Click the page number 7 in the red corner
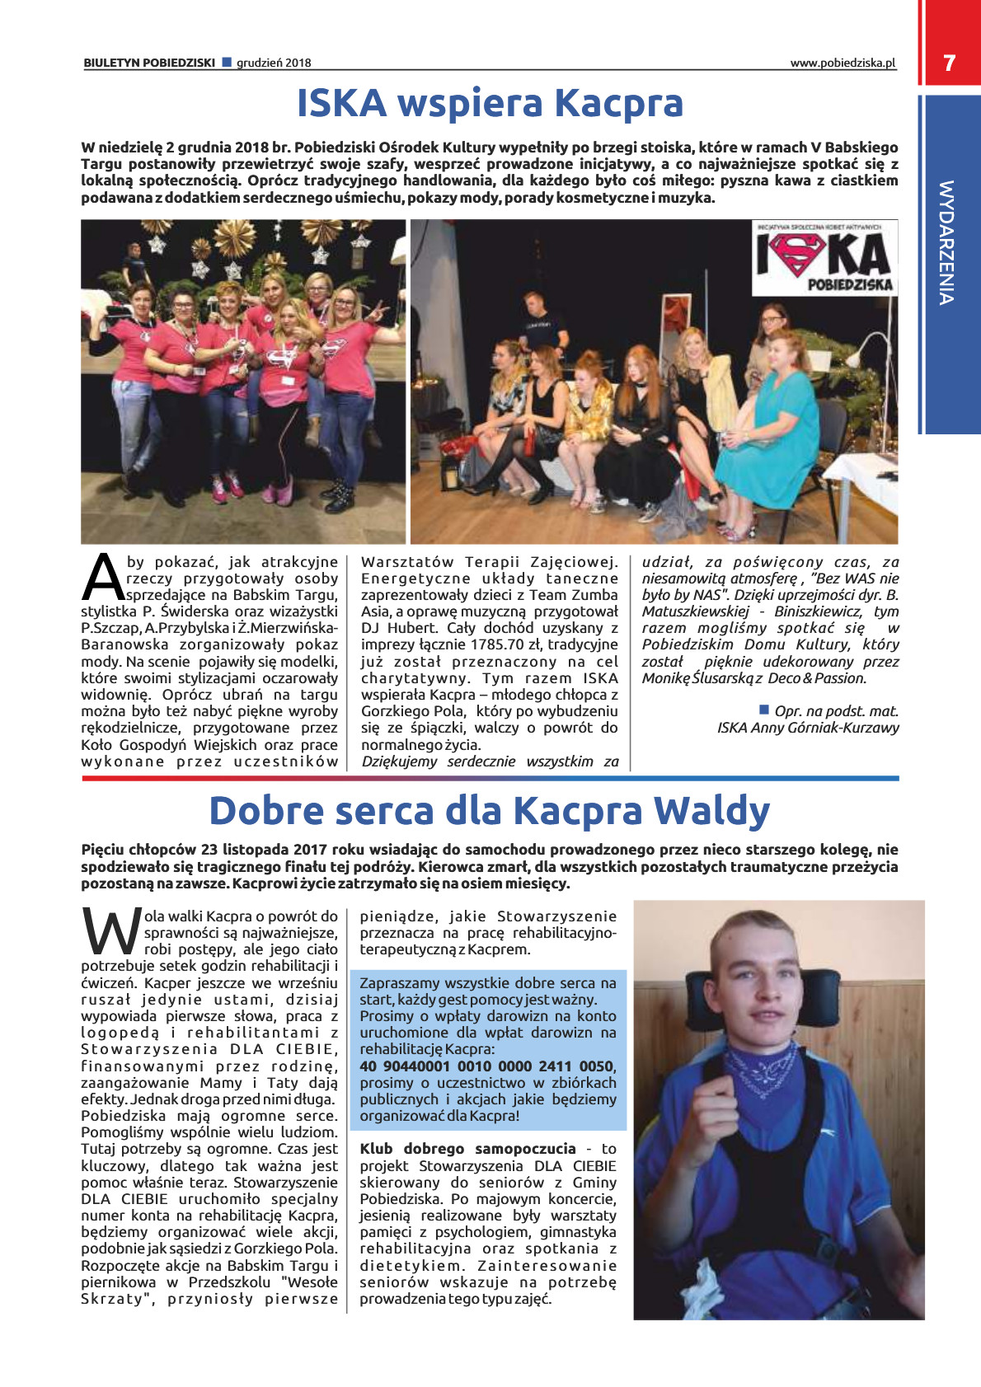[x=949, y=63]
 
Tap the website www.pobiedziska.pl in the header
[x=842, y=63]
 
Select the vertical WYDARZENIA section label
[x=946, y=243]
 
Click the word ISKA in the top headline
[x=341, y=104]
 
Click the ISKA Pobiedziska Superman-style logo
[x=824, y=258]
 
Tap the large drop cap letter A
[x=103, y=578]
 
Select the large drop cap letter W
[x=110, y=932]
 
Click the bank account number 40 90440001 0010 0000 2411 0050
[x=486, y=1066]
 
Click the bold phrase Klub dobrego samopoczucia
[x=467, y=1149]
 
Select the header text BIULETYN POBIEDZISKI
[x=149, y=63]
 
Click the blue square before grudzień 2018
[x=227, y=62]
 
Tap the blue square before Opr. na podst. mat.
[x=763, y=710]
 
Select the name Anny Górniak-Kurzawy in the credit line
[x=825, y=728]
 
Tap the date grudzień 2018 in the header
[x=274, y=63]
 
